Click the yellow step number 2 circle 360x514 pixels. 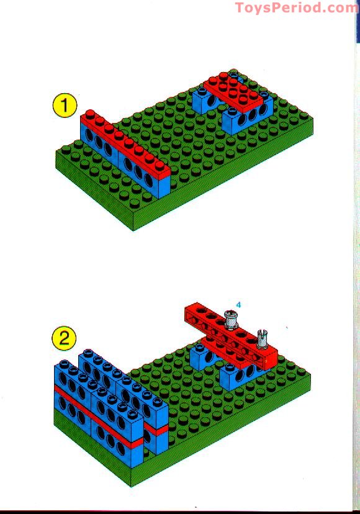(64, 339)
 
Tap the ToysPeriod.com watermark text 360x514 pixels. (297, 8)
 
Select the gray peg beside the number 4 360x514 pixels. (232, 322)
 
